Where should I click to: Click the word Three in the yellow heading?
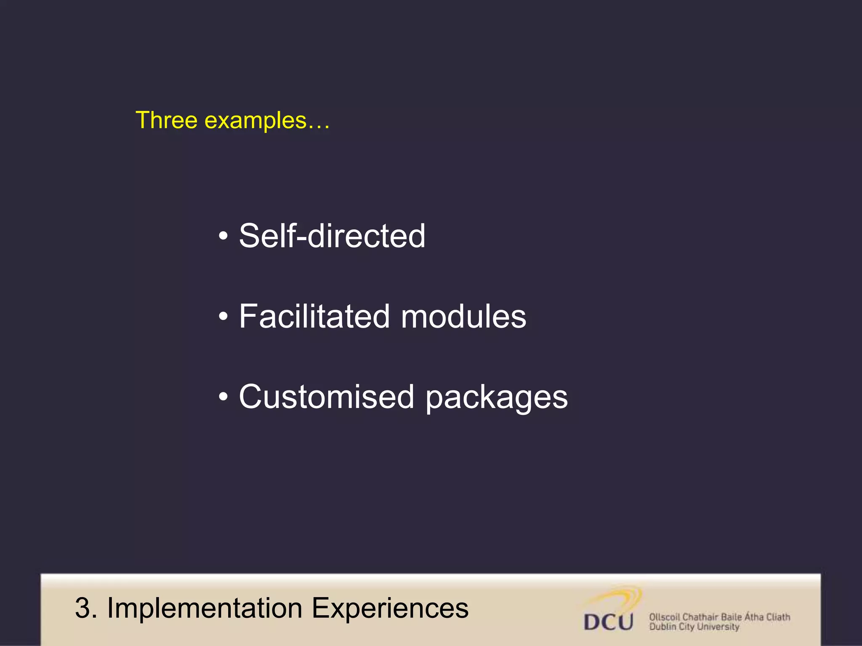coord(167,120)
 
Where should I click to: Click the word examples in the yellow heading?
coord(255,121)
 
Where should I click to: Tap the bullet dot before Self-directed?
coord(223,236)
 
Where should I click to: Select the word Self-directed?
coord(332,236)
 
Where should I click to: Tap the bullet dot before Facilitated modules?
coord(223,317)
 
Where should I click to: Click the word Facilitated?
coord(314,316)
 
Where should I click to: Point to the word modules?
coord(463,316)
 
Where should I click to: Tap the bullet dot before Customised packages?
coord(223,397)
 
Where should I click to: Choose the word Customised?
coord(327,397)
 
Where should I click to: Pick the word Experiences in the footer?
coord(390,608)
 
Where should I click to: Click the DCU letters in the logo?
coord(609,622)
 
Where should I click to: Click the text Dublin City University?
coord(694,627)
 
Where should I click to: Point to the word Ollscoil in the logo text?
coord(665,617)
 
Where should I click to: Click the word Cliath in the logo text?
coord(778,617)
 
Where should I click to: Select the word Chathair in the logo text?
coord(700,617)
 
